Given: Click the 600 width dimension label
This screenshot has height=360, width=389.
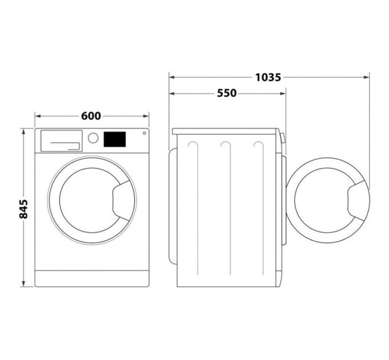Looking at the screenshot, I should pos(91,116).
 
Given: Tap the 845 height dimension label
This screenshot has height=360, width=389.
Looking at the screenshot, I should pos(23,210).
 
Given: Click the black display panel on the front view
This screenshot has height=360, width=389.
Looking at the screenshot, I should pos(114,139).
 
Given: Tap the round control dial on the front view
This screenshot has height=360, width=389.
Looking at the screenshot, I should pos(93,138).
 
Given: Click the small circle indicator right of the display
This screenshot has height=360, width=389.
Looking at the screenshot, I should pos(144,133).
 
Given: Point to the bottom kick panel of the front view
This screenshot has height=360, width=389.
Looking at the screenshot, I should pos(92,278).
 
